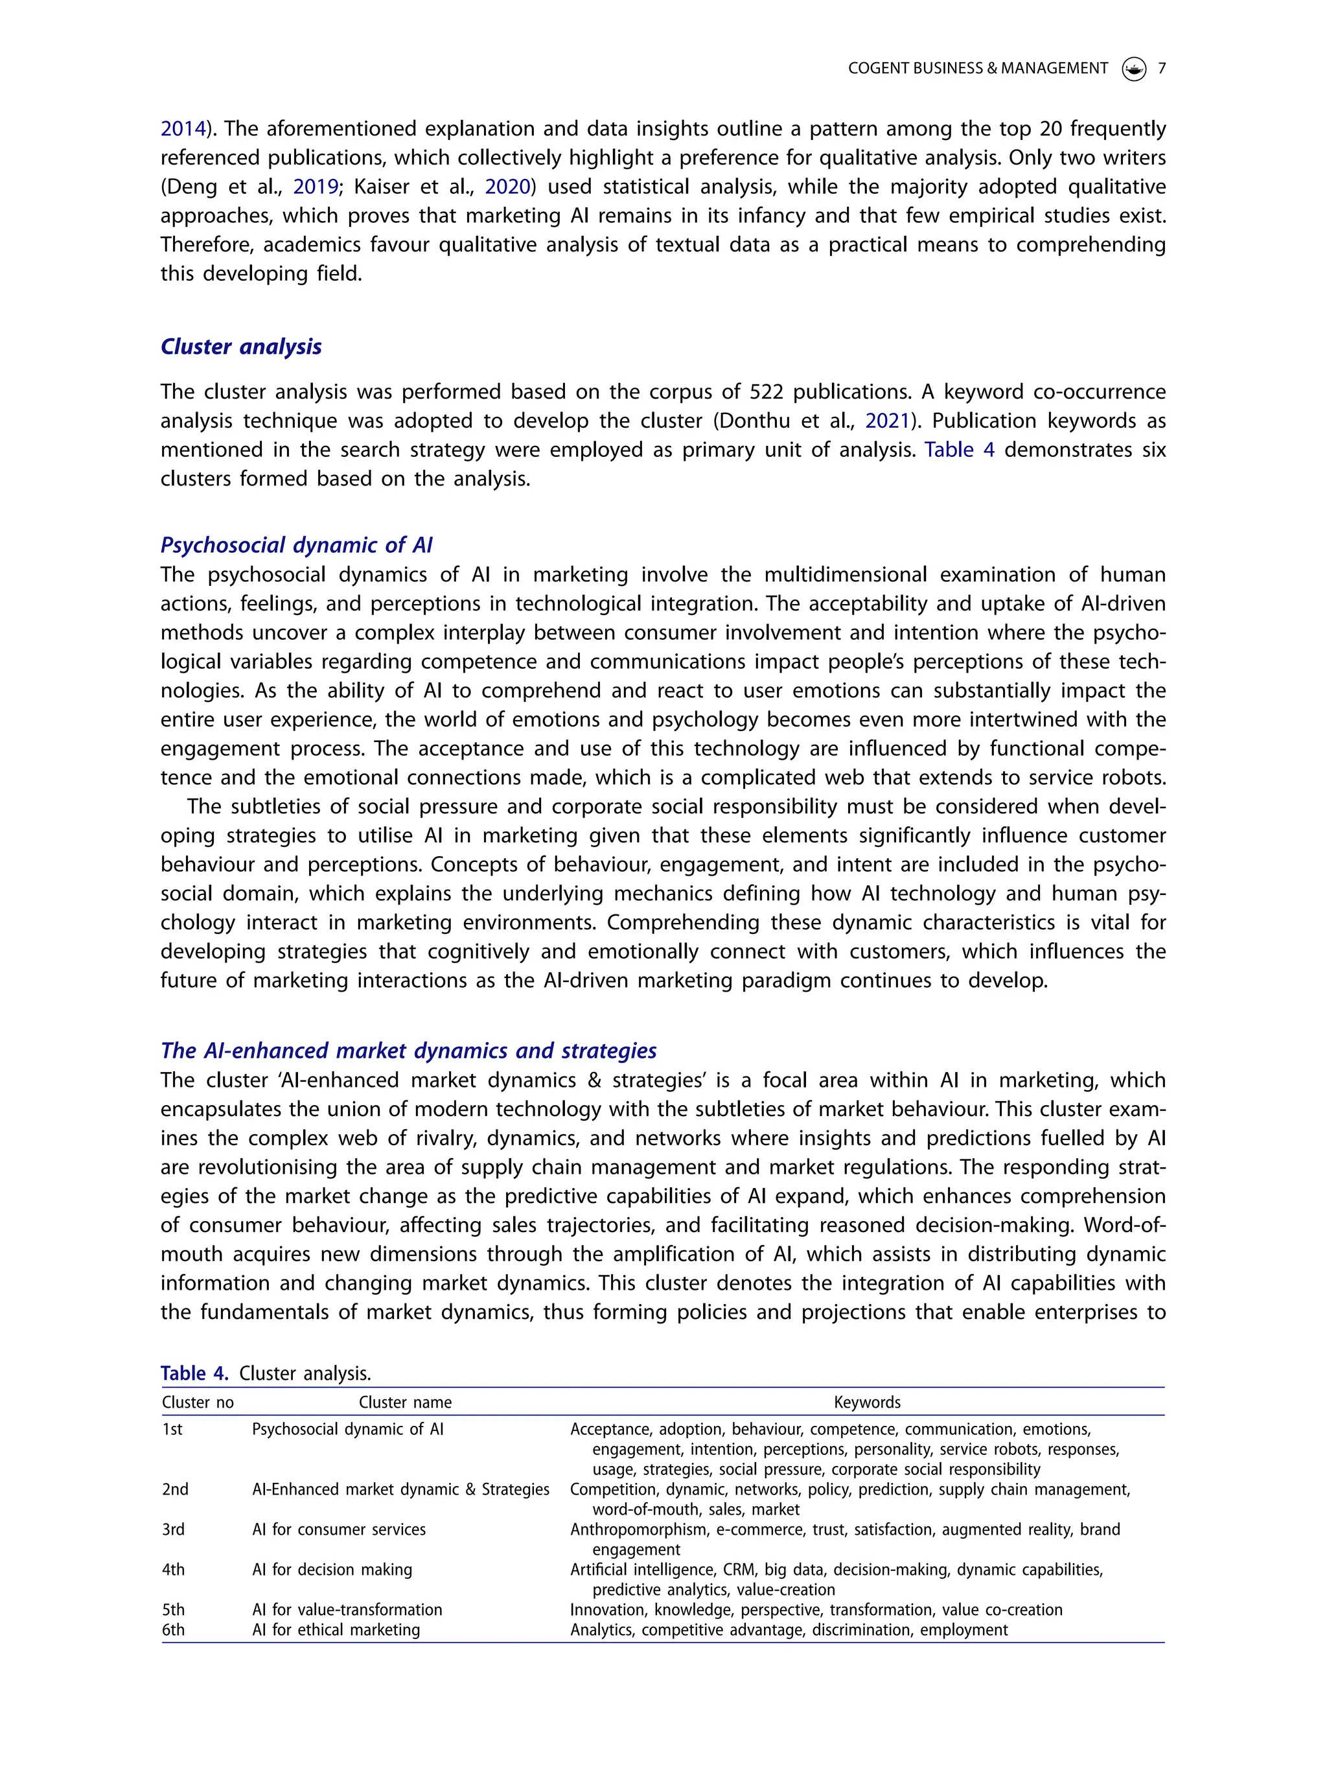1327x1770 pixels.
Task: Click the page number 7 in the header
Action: (x=1161, y=69)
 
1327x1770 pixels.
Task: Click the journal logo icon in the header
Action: (x=1133, y=69)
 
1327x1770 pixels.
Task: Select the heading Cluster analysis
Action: (x=241, y=347)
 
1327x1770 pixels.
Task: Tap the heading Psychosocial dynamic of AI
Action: (x=296, y=545)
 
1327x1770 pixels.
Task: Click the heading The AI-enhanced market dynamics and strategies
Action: (x=408, y=1051)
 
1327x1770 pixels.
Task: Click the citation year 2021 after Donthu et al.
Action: (x=887, y=421)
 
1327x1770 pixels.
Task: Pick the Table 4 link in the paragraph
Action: (x=959, y=450)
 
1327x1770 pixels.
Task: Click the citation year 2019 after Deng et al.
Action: (x=315, y=187)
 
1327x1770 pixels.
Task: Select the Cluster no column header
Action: (x=198, y=1402)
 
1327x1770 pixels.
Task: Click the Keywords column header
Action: (x=866, y=1402)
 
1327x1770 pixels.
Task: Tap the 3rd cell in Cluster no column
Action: (x=174, y=1529)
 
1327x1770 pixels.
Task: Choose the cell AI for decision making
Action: (x=332, y=1569)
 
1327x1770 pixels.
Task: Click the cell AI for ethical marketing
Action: (x=336, y=1629)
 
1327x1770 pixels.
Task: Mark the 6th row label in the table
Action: (x=174, y=1629)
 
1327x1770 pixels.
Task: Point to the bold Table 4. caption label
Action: (x=194, y=1373)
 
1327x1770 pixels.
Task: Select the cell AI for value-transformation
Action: (x=347, y=1609)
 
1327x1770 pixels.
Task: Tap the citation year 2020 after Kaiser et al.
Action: (x=507, y=187)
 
